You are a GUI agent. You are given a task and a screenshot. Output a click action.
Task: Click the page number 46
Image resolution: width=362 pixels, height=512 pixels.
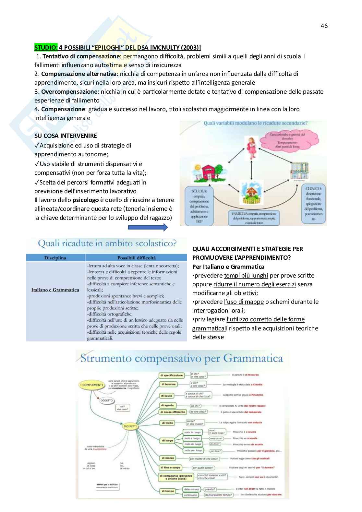(x=324, y=26)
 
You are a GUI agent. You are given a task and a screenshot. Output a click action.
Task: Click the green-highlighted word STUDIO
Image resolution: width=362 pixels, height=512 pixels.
(x=46, y=48)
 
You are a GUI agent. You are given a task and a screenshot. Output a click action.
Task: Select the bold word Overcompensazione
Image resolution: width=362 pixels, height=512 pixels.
(x=70, y=92)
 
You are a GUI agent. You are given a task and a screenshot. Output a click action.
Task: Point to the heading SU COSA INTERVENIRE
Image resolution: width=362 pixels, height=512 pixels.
(x=66, y=136)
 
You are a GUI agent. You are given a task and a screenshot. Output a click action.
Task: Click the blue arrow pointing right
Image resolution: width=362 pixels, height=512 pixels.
(x=148, y=227)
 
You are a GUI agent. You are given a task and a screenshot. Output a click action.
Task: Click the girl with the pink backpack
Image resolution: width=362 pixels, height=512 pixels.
(x=251, y=148)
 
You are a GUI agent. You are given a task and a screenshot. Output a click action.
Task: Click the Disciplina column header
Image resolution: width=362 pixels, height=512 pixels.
(x=55, y=258)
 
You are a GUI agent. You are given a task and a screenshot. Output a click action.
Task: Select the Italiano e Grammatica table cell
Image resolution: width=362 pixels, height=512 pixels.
(x=55, y=290)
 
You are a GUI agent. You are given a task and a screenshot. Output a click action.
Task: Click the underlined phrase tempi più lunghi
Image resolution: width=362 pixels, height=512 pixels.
(x=246, y=276)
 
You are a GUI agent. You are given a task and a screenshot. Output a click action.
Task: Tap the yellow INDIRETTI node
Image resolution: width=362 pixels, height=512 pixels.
(x=130, y=426)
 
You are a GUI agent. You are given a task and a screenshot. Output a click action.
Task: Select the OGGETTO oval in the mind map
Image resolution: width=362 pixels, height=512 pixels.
(x=106, y=400)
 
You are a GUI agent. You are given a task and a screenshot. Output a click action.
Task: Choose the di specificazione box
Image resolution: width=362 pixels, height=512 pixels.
(x=171, y=375)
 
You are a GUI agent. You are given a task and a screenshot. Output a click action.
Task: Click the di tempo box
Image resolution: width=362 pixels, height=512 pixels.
(x=168, y=491)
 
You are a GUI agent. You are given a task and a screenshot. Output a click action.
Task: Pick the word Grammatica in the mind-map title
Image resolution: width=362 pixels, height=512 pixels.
(x=253, y=359)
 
